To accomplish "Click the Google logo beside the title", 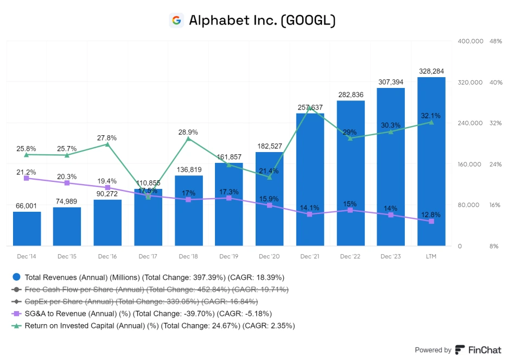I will click(x=176, y=21).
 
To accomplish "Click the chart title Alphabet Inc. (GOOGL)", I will click(x=262, y=21).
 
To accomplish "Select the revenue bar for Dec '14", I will click(x=27, y=229).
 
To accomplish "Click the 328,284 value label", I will click(x=431, y=71).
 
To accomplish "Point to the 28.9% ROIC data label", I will click(x=188, y=132).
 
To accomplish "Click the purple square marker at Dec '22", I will click(x=351, y=210).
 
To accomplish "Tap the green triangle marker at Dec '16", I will click(x=107, y=144).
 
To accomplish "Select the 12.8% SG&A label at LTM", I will click(x=431, y=214).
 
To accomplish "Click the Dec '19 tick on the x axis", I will click(x=229, y=256).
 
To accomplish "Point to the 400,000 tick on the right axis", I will click(x=471, y=41).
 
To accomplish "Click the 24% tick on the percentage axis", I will click(x=494, y=165).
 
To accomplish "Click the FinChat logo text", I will click(x=484, y=350).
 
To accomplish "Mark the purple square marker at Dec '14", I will click(x=27, y=178).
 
